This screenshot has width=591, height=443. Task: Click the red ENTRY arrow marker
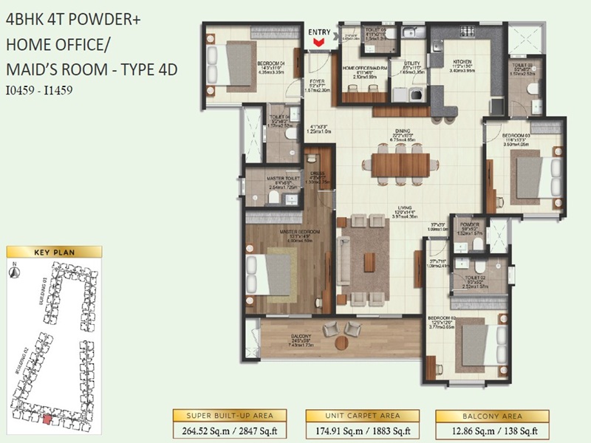[x=319, y=44]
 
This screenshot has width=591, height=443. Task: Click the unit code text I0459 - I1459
[x=39, y=92]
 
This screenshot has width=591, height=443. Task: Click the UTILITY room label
[x=412, y=63]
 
